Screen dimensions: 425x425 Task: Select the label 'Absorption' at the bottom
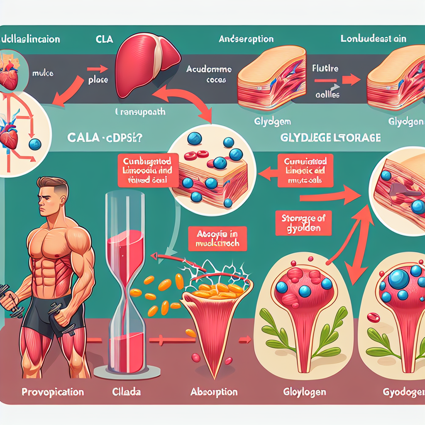pos(214,392)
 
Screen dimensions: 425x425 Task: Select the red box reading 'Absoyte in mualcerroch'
pos(217,238)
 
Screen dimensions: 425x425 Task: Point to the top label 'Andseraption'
pos(246,40)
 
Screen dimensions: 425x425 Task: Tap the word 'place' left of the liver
pos(98,80)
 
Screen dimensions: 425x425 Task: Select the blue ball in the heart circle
pos(35,144)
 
